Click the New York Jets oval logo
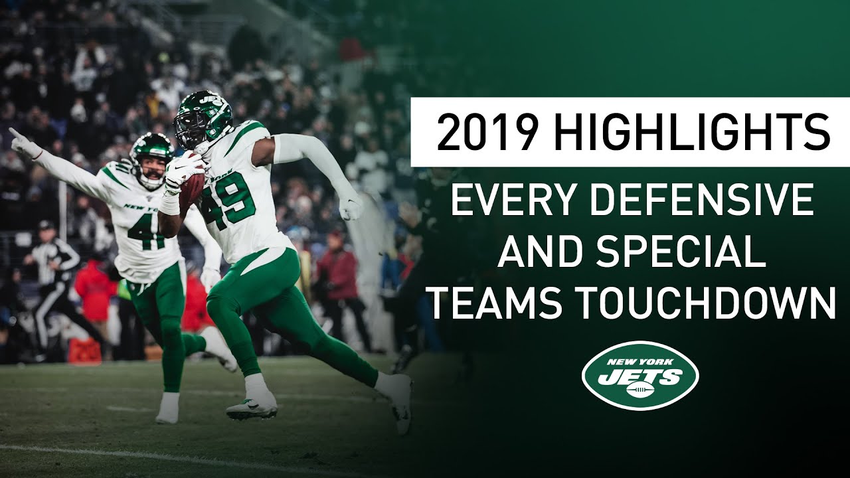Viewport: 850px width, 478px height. point(639,375)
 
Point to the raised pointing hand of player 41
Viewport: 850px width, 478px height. point(21,141)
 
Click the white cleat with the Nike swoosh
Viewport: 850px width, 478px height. point(252,406)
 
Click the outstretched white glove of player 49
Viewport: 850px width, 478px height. point(350,207)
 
